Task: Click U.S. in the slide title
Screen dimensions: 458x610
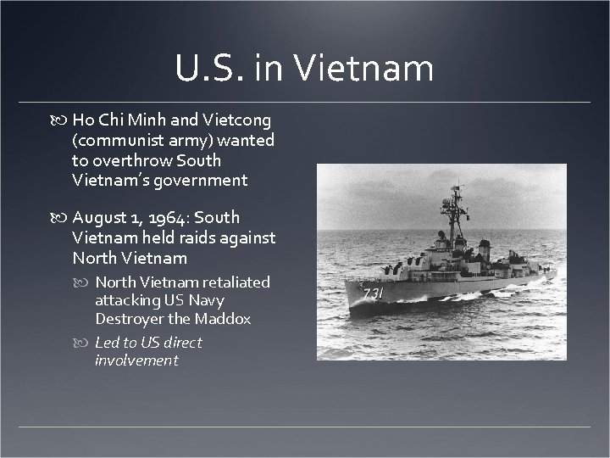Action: pyautogui.click(x=213, y=68)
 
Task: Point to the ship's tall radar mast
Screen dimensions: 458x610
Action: pyautogui.click(x=455, y=204)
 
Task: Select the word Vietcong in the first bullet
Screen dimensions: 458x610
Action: pyautogui.click(x=241, y=119)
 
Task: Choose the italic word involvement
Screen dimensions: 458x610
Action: pyautogui.click(x=136, y=360)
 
